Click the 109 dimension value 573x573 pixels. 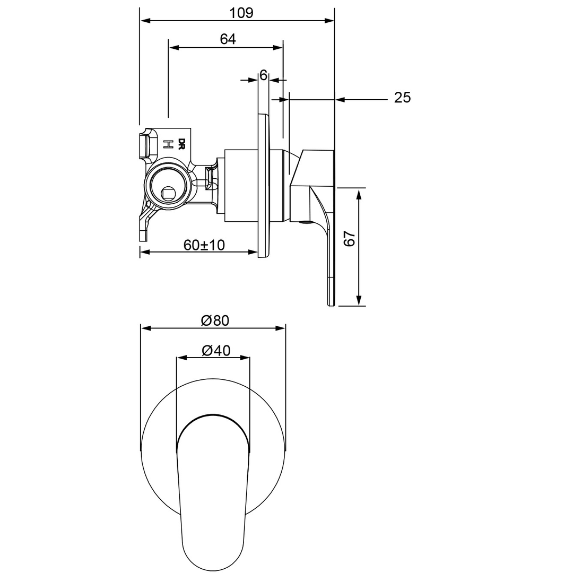click(242, 12)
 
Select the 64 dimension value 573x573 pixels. click(228, 39)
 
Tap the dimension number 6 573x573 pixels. click(263, 75)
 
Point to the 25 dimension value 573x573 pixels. click(402, 98)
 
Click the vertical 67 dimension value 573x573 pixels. click(349, 239)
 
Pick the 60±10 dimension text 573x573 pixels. click(204, 245)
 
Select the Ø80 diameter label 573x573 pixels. click(214, 320)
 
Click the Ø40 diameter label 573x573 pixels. click(214, 350)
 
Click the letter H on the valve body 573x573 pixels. click(168, 144)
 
